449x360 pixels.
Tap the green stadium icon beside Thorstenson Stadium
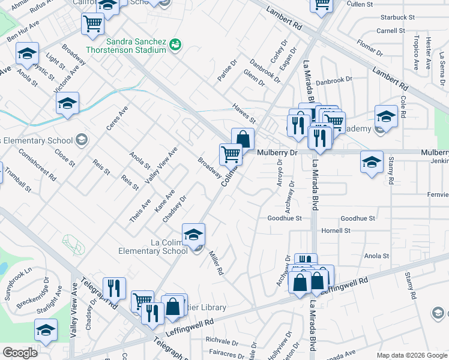pyautogui.click(x=175, y=44)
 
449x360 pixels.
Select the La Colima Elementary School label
pyautogui.click(x=153, y=247)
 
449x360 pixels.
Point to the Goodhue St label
pyautogui.click(x=285, y=218)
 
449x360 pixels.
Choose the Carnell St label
pyautogui.click(x=391, y=31)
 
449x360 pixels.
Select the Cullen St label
pyautogui.click(x=360, y=4)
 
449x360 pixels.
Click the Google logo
pyautogui.click(x=20, y=353)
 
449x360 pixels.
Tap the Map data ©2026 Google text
pyautogui.click(x=412, y=355)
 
